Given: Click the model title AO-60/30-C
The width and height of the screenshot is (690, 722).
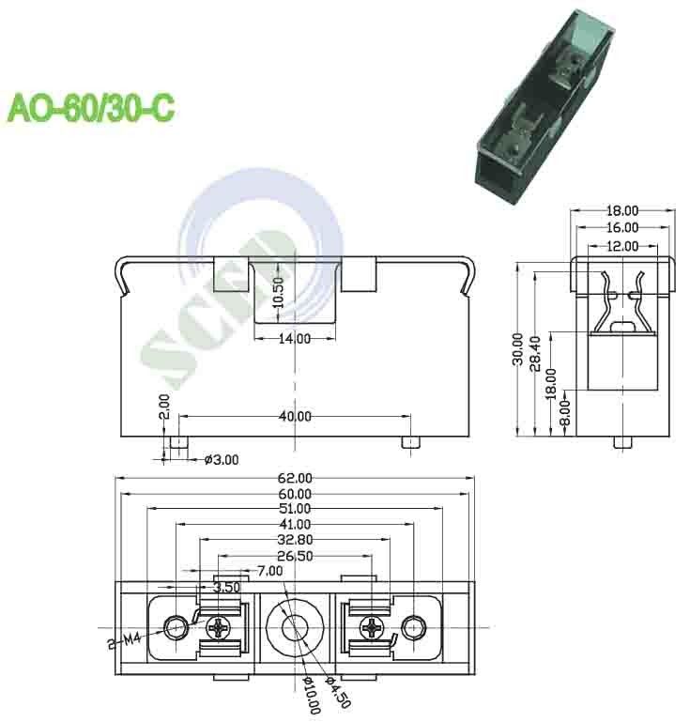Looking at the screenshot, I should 91,107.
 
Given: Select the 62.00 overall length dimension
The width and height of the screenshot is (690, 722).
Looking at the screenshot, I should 294,478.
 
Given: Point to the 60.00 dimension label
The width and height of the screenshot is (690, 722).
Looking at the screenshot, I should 294,494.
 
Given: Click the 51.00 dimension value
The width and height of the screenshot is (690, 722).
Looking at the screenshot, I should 294,509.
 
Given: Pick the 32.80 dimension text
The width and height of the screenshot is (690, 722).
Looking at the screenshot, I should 294,540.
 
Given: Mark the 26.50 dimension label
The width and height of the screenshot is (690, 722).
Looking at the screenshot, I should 294,556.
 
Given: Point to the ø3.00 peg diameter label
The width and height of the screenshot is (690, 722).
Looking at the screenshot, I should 222,459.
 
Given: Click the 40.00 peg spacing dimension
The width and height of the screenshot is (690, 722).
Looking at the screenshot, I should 294,415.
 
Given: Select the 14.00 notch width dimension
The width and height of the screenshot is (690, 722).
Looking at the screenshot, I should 294,339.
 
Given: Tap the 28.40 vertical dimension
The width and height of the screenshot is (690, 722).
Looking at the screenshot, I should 533,352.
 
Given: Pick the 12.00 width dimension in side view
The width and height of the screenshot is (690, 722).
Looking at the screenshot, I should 621,245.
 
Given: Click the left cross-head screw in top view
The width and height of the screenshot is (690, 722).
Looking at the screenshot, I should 222,625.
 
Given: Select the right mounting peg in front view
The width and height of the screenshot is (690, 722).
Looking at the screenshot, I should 409,442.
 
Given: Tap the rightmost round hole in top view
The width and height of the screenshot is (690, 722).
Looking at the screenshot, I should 412,625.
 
